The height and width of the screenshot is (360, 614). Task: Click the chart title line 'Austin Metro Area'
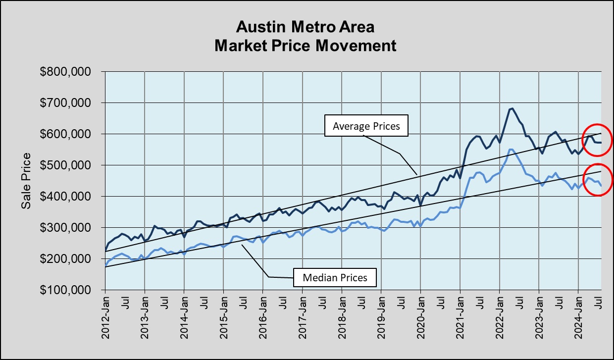[305, 26]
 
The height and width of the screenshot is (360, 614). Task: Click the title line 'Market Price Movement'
[305, 46]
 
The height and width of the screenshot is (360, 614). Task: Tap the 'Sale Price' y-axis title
[26, 181]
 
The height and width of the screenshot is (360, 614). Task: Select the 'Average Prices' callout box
[365, 126]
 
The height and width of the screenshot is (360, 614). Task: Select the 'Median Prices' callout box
[335, 277]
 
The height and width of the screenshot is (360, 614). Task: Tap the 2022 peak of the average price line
[512, 108]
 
